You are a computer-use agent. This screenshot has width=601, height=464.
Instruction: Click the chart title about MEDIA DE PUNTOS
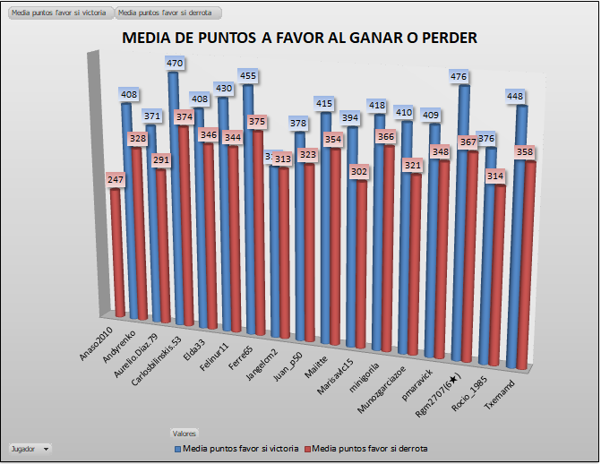pyautogui.click(x=299, y=39)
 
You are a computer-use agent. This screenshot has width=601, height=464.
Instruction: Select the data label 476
pyautogui.click(x=463, y=77)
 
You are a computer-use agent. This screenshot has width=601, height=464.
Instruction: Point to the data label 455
pyautogui.click(x=249, y=76)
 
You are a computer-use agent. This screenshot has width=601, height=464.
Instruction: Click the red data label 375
pyautogui.click(x=257, y=121)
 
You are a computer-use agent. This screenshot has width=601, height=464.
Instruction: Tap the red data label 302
pyautogui.click(x=358, y=171)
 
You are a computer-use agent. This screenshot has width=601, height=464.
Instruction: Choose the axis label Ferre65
pyautogui.click(x=239, y=341)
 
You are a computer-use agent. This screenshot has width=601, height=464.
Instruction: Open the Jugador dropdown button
pyautogui.click(x=46, y=447)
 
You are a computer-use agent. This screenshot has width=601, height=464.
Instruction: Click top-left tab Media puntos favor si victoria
pyautogui.click(x=57, y=14)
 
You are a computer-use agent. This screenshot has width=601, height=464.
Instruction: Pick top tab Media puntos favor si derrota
pyautogui.click(x=167, y=14)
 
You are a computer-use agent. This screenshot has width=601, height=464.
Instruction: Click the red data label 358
pyautogui.click(x=525, y=153)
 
